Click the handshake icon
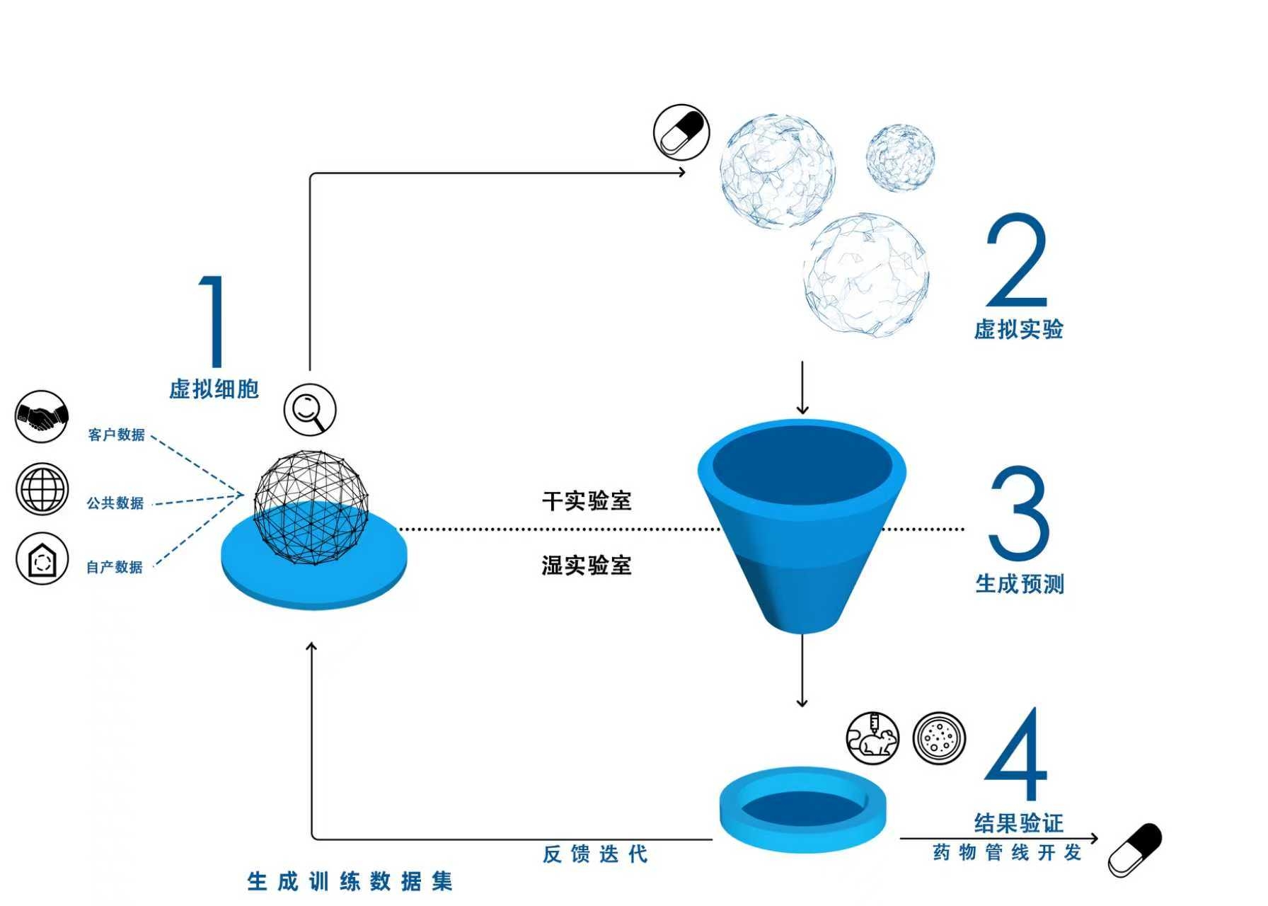(x=42, y=417)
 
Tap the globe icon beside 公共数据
(x=42, y=488)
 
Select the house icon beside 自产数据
(x=42, y=558)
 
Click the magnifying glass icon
(x=310, y=410)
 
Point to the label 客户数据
(x=116, y=434)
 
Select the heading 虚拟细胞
(x=214, y=389)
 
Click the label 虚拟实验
(x=1019, y=329)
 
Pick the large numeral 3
(x=1018, y=513)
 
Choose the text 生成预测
(x=1020, y=584)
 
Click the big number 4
(x=1016, y=754)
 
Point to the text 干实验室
(x=587, y=501)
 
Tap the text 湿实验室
(x=587, y=566)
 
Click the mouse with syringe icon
(x=873, y=738)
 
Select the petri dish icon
(x=939, y=738)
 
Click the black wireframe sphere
(x=311, y=508)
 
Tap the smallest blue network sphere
(x=901, y=157)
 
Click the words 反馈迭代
(x=595, y=854)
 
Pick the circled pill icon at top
(x=681, y=132)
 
